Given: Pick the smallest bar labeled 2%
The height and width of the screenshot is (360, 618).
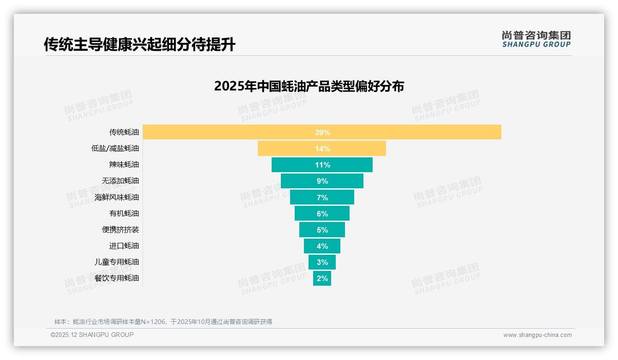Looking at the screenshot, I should point(322,278).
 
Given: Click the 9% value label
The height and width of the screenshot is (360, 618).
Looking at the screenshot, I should point(322,181).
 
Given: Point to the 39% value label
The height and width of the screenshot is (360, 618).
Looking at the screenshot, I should point(322,132).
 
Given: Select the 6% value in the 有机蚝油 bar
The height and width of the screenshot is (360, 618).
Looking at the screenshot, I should point(322,214).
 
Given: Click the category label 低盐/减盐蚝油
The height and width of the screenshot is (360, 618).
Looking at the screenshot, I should point(115,149).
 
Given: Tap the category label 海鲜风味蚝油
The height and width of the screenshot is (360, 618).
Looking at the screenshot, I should point(116,197).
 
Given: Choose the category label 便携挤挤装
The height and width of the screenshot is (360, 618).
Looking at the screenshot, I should point(120,229).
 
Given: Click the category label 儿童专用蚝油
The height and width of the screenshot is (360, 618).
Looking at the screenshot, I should point(116,262).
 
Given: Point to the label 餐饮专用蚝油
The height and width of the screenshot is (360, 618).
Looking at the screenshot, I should point(116,278).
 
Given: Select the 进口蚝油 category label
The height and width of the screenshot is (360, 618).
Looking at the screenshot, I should point(124,246).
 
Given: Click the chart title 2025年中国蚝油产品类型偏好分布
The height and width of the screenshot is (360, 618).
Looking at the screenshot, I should point(309,86).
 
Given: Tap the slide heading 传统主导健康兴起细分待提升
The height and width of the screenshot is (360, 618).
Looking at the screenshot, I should point(139,45).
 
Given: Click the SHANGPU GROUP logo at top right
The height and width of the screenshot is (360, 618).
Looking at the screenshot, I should point(536,39).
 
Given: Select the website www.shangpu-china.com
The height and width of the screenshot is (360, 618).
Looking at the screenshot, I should point(537,335).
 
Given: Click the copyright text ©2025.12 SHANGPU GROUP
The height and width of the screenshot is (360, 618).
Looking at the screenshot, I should point(92,335).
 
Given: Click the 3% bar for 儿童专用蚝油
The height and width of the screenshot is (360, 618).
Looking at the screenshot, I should point(322,262).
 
